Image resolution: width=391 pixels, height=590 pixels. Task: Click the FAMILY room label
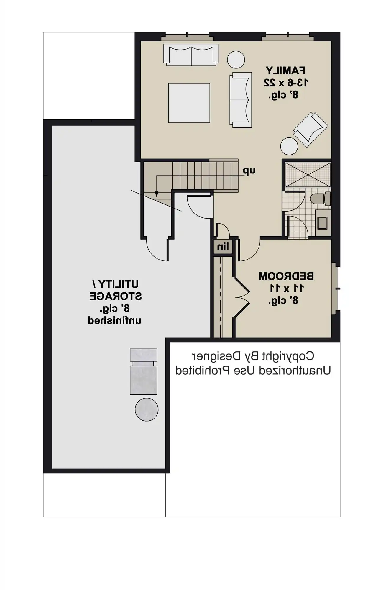(285, 71)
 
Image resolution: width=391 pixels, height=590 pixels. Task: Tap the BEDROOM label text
(286, 276)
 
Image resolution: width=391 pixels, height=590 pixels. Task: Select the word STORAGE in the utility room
(116, 296)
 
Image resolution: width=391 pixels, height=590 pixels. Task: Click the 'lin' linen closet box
(223, 247)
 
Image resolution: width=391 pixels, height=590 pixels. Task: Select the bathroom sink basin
(322, 223)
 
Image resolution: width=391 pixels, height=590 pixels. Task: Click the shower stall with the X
(308, 175)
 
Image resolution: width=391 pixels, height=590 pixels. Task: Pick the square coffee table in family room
(189, 103)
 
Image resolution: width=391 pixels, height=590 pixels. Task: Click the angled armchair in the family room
(311, 129)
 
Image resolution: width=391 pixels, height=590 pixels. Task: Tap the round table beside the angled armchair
(289, 146)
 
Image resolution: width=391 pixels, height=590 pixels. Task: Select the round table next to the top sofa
(236, 60)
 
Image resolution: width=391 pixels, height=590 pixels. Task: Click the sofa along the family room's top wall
(191, 55)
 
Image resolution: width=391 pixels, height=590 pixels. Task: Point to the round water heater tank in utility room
(147, 409)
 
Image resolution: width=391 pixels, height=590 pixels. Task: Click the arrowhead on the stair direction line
(157, 194)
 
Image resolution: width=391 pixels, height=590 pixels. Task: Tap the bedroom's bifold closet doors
(242, 297)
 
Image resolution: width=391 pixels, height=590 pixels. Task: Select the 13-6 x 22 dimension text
(286, 83)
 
